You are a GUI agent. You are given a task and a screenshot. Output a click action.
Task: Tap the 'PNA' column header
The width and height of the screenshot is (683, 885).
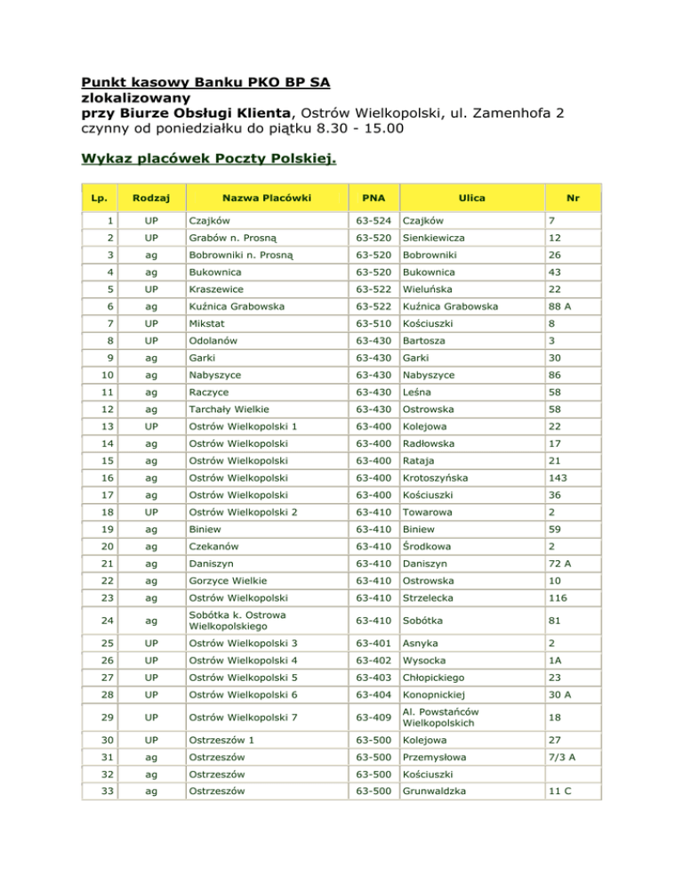tap(372, 198)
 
